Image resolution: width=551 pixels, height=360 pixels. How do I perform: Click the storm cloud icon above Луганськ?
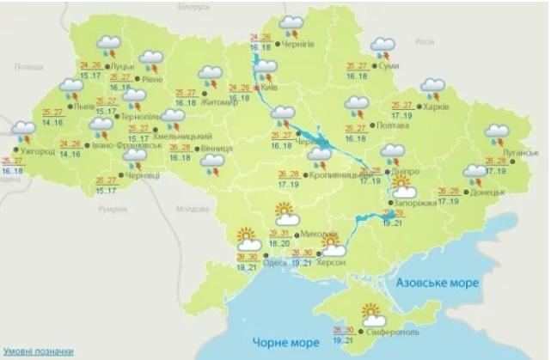coord(497,134)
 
